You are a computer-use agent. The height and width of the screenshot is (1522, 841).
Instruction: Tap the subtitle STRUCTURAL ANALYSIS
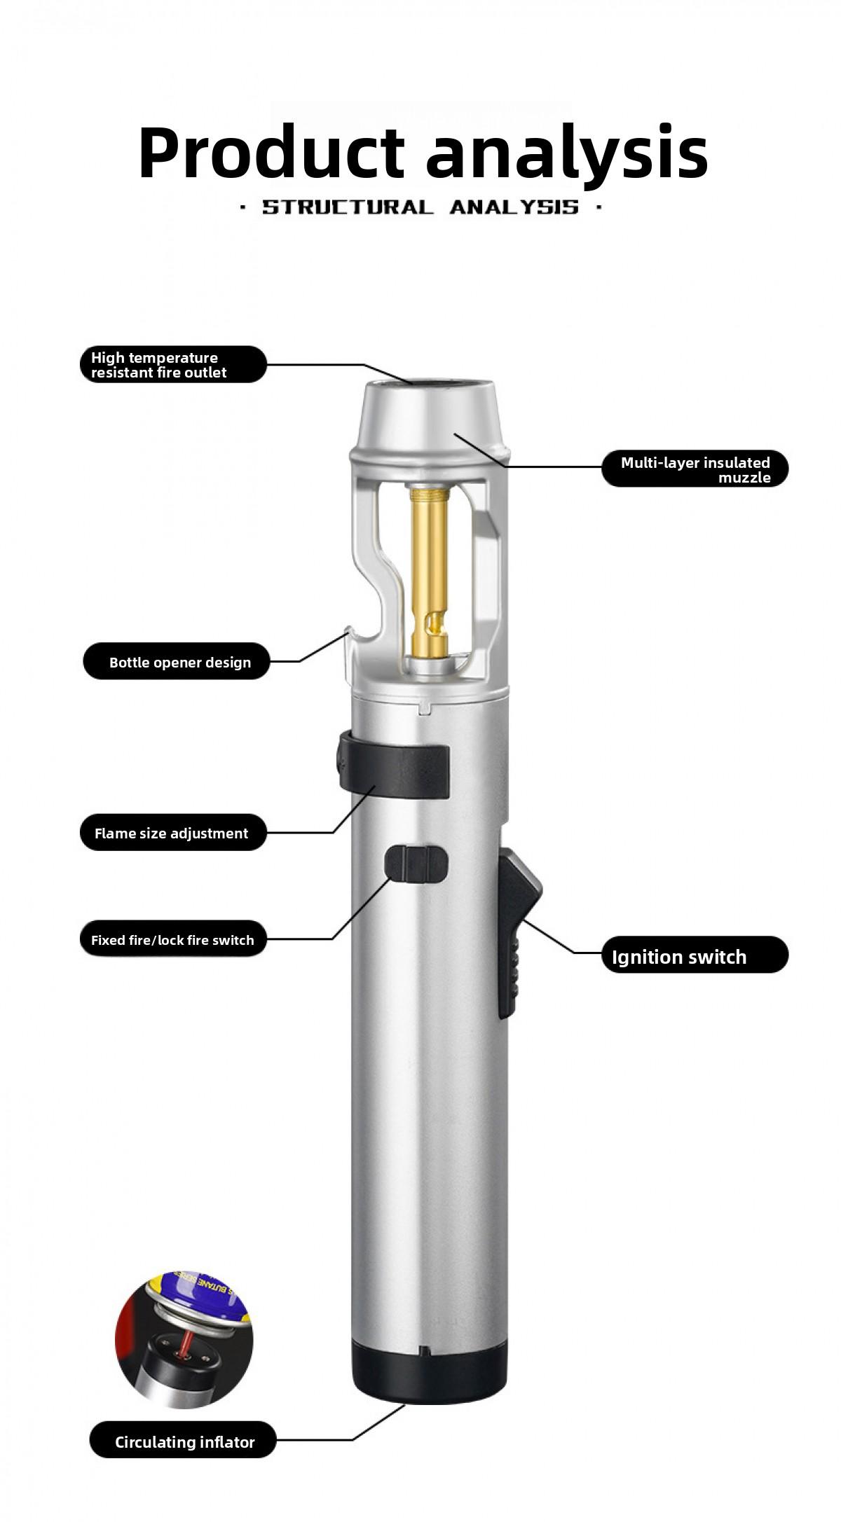pyautogui.click(x=420, y=207)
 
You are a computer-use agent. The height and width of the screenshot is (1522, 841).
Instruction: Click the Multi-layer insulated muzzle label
pyautogui.click(x=695, y=469)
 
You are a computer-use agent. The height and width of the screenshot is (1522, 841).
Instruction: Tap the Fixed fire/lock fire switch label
pyautogui.click(x=173, y=940)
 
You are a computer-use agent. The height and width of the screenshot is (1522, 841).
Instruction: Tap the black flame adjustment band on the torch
pyautogui.click(x=396, y=770)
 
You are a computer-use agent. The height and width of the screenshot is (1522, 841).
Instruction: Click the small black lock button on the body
pyautogui.click(x=416, y=864)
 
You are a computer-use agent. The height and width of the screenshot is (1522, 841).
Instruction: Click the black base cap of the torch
pyautogui.click(x=429, y=1374)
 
